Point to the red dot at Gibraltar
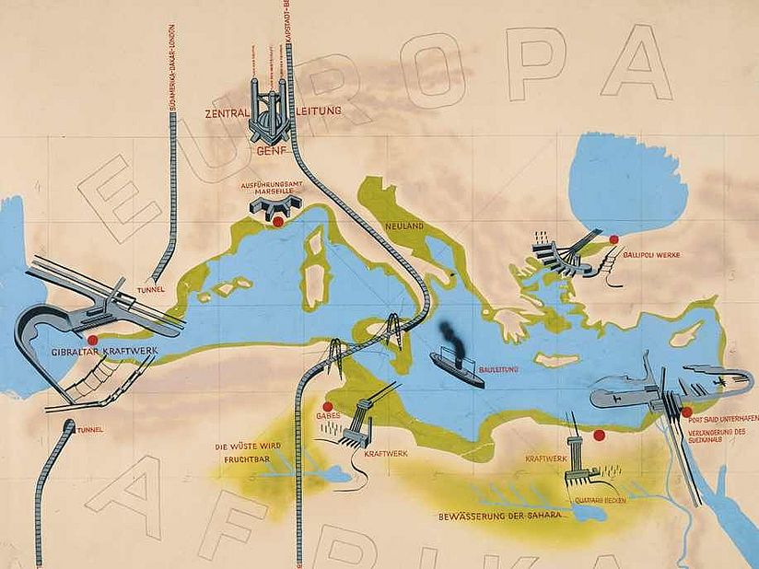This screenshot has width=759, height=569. coord(92,340)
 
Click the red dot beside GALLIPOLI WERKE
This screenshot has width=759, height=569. coord(613,239)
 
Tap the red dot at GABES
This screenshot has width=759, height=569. coord(327,406)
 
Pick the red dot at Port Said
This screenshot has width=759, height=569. coord(686,412)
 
